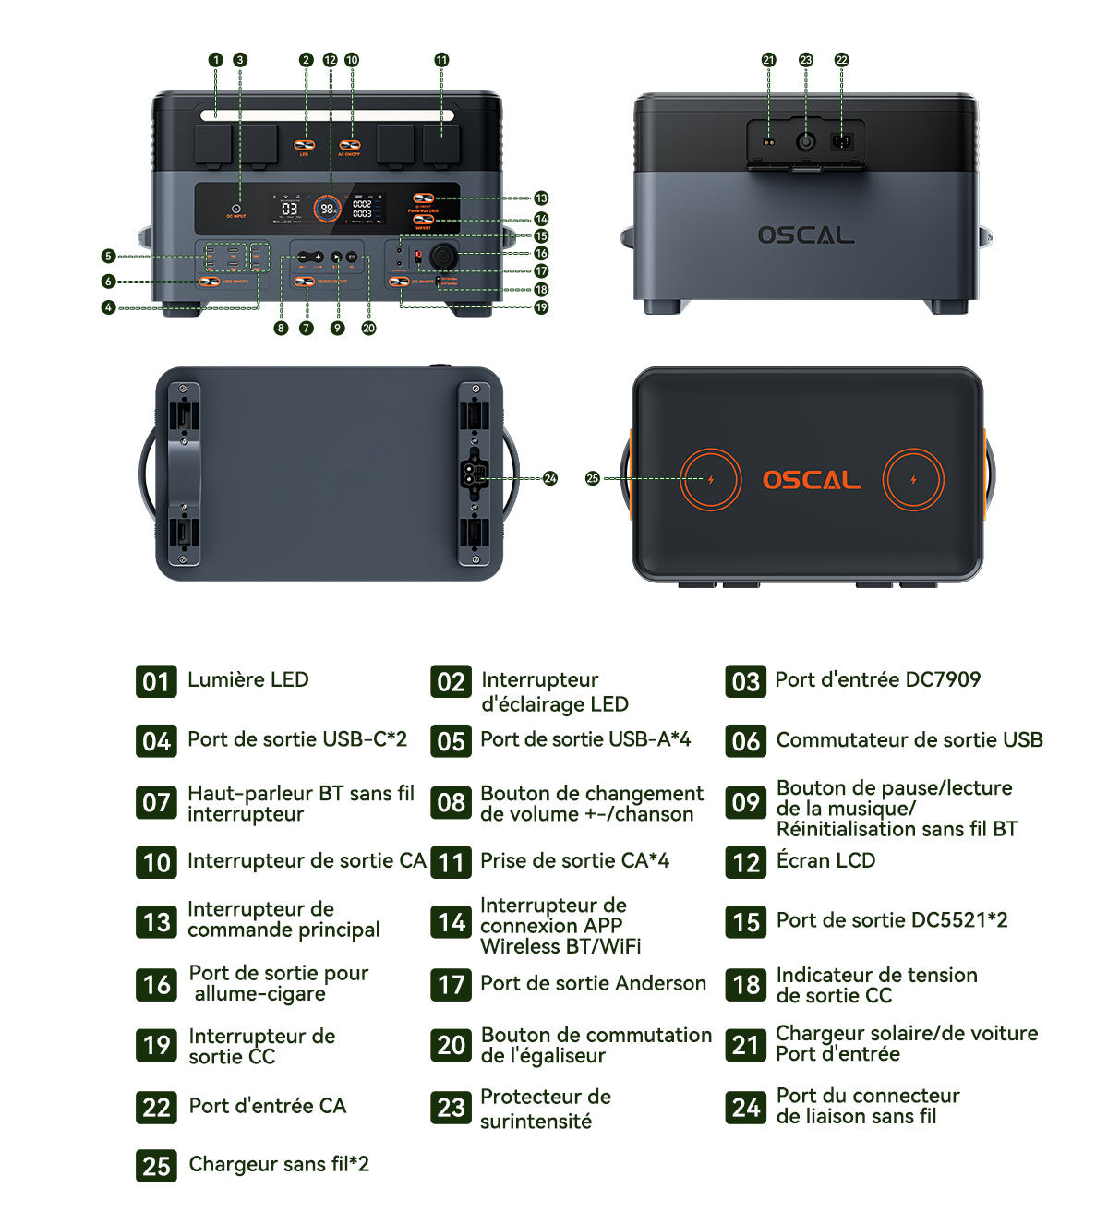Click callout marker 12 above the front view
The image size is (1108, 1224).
(x=330, y=60)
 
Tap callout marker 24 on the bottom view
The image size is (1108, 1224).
(x=550, y=478)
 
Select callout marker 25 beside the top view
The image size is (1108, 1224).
(x=593, y=478)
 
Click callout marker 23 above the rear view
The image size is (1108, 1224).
(x=806, y=60)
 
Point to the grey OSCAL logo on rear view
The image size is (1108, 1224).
(x=805, y=234)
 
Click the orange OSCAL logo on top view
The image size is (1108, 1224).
(x=811, y=480)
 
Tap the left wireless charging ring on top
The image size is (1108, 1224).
(x=710, y=479)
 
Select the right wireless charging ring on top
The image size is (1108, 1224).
(x=913, y=479)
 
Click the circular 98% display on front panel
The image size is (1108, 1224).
(x=328, y=209)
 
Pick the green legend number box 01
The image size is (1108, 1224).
(x=156, y=681)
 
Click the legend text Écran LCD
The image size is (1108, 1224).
(x=825, y=860)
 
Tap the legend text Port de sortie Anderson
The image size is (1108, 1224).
(x=593, y=983)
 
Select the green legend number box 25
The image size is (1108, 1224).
(x=156, y=1166)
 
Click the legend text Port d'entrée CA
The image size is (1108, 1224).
(x=267, y=1106)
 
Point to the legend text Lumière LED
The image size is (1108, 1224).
(x=247, y=680)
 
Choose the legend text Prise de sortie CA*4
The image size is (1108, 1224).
(x=574, y=860)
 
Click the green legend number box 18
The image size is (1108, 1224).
(x=745, y=985)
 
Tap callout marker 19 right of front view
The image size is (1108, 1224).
(x=541, y=307)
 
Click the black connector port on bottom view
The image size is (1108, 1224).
(x=473, y=475)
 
